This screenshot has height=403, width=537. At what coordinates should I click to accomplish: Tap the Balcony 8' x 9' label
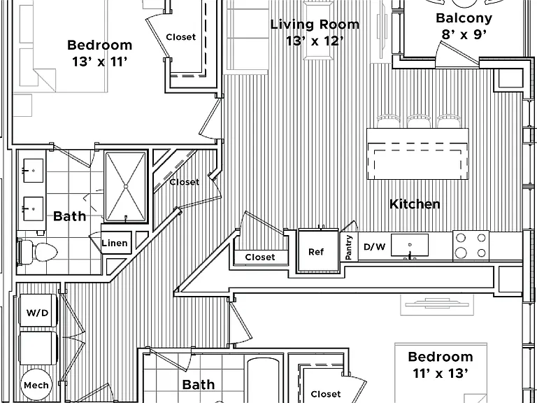[464, 26]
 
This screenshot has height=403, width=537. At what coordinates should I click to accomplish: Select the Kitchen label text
[415, 204]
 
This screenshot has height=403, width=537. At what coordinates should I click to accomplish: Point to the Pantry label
[349, 247]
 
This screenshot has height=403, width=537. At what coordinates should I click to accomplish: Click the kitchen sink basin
[410, 245]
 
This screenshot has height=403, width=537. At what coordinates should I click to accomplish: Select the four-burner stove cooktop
[471, 245]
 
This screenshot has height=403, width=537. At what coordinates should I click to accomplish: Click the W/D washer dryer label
[37, 313]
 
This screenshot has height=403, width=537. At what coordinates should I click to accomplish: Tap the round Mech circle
[36, 385]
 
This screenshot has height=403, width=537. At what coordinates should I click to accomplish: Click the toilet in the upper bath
[37, 252]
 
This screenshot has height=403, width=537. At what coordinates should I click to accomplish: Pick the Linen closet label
[115, 243]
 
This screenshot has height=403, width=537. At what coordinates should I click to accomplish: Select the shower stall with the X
[126, 187]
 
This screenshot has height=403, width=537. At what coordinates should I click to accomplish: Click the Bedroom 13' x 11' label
[100, 53]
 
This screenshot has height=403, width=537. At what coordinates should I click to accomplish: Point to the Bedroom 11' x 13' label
[441, 365]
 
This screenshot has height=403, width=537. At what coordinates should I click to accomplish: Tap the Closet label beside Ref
[260, 257]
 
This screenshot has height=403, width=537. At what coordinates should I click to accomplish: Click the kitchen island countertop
[417, 153]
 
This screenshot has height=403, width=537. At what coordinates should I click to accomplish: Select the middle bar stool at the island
[419, 121]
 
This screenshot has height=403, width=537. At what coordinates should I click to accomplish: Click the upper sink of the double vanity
[34, 170]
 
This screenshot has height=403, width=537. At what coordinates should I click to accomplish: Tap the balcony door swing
[456, 54]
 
